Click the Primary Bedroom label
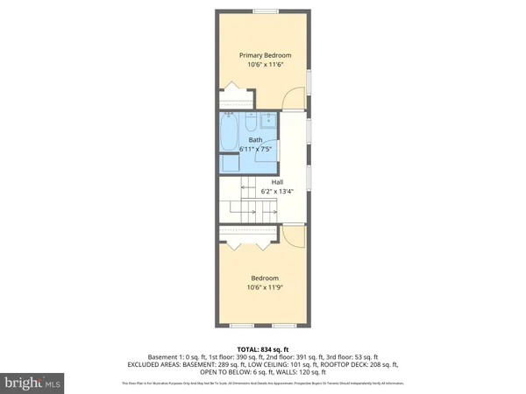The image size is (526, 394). click(266, 55)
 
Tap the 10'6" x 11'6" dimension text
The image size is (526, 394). click(266, 66)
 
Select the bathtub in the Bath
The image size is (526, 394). click(229, 131)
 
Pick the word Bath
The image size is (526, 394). click(255, 140)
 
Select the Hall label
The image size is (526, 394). click(276, 182)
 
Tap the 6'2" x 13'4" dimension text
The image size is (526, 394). click(276, 192)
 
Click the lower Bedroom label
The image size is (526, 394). click(266, 278)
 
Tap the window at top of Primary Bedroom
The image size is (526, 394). click(266, 11)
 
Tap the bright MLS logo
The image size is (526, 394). click(33, 383)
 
